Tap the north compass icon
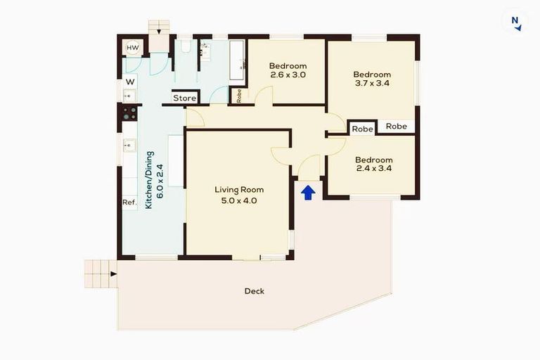point(516,22)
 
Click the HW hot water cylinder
point(131,48)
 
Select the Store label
point(184,98)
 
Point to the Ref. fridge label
point(129,202)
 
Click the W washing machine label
point(130,82)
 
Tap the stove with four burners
point(130,114)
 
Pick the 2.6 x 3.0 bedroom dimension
point(288,75)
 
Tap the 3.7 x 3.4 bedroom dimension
point(372,83)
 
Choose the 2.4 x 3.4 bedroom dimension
point(373,168)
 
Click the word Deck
point(255,291)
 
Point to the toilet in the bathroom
point(184,46)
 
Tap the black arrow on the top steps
point(160,30)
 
